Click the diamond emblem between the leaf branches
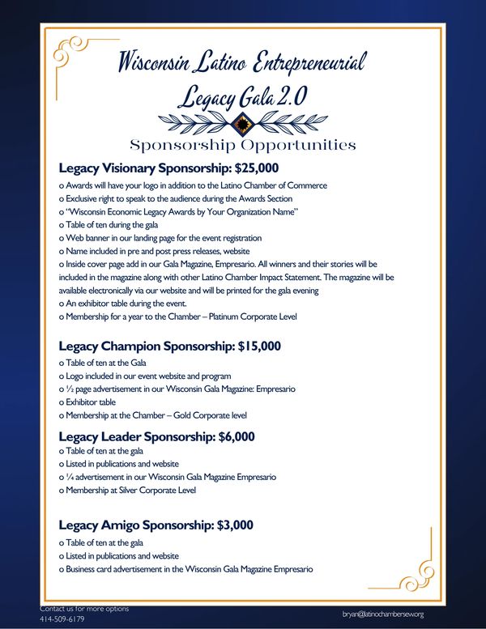pyautogui.click(x=240, y=122)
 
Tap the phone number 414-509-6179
pyautogui.click(x=62, y=619)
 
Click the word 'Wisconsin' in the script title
pyautogui.click(x=165, y=62)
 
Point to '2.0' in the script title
pyautogui.click(x=290, y=97)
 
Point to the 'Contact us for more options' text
pyautogui.click(x=83, y=608)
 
